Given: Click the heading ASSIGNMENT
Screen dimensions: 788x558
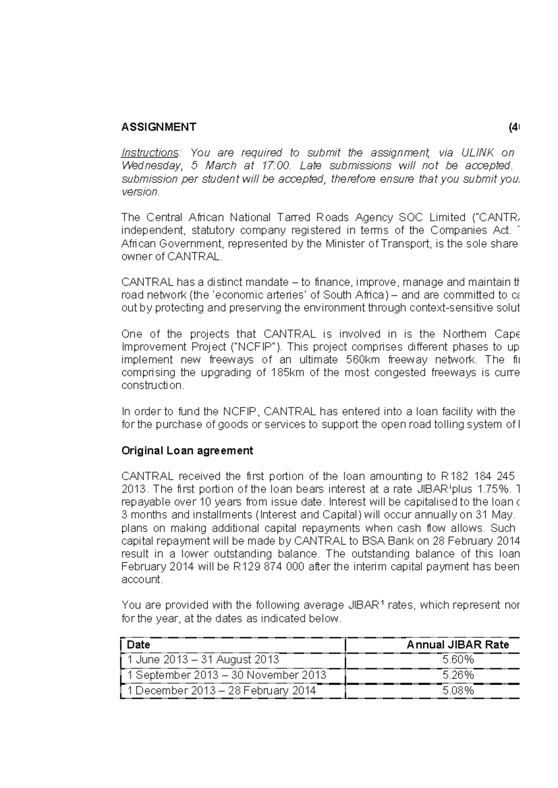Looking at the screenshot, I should (159, 127).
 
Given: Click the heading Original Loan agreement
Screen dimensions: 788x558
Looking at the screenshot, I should (187, 450).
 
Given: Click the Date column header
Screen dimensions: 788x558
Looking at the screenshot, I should (139, 644).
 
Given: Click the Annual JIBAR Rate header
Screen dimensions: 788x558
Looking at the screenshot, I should (458, 644).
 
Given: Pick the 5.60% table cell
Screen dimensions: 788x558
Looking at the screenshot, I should (458, 659).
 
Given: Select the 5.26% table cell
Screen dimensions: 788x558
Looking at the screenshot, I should (458, 675).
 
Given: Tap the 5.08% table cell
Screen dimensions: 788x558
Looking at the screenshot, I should (458, 690).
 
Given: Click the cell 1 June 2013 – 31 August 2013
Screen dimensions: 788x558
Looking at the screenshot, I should (203, 659).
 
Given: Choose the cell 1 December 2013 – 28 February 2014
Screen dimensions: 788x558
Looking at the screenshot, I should (221, 690).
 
